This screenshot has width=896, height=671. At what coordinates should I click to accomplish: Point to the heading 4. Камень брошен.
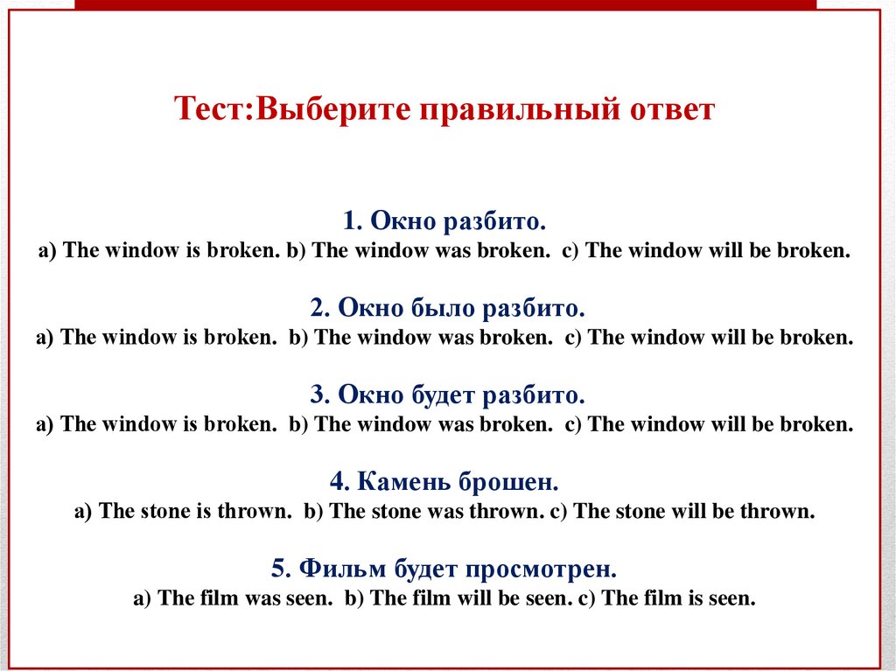tap(445, 482)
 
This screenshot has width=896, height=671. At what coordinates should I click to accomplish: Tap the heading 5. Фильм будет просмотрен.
tap(444, 570)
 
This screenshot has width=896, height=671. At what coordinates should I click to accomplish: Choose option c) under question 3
tap(709, 425)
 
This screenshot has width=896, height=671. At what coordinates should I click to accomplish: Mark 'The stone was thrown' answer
tap(423, 513)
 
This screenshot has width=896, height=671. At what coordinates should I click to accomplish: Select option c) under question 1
tap(706, 250)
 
